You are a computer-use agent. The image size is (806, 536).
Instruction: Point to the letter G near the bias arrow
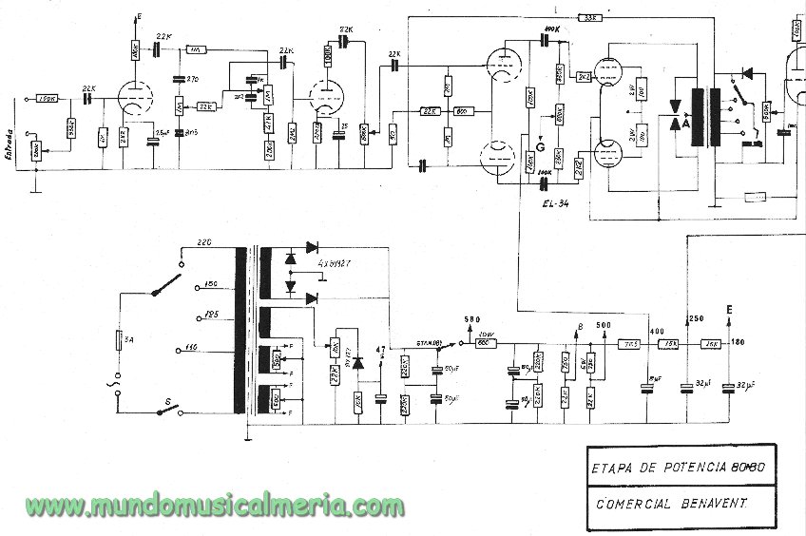click(540, 145)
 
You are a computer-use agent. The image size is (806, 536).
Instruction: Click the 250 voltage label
click(696, 317)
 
